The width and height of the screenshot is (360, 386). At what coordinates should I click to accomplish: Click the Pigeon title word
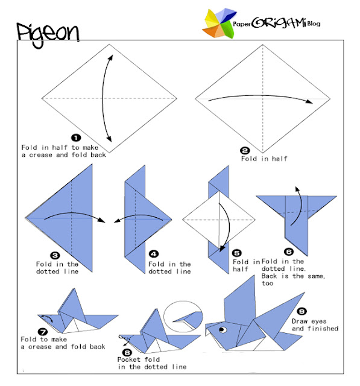48,34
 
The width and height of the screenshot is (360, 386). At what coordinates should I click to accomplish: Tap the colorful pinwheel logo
219,24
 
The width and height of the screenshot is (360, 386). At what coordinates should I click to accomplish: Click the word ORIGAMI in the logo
279,23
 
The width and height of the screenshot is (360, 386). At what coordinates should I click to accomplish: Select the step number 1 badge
76,138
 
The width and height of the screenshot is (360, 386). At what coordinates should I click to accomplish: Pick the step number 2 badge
245,150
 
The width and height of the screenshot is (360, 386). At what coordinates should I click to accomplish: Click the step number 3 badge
55,256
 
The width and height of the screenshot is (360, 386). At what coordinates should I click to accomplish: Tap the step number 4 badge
154,254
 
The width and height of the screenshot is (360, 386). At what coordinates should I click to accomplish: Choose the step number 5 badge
237,253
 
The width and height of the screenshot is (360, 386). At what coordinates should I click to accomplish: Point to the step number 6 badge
289,252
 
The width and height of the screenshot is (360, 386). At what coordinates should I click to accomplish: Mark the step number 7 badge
43,332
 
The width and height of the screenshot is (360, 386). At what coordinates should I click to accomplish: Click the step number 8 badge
127,353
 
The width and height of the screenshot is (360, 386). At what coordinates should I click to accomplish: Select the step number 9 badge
302,311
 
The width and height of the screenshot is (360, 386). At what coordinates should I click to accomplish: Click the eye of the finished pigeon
223,329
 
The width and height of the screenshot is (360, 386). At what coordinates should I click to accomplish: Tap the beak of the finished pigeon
209,330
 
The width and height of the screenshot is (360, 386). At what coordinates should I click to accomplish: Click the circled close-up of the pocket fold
183,317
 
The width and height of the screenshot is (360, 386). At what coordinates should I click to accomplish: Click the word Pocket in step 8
128,359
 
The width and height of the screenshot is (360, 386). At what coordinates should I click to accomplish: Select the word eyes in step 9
319,321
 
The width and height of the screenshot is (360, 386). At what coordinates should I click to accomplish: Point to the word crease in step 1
40,155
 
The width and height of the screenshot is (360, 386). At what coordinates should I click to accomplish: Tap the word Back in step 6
270,276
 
